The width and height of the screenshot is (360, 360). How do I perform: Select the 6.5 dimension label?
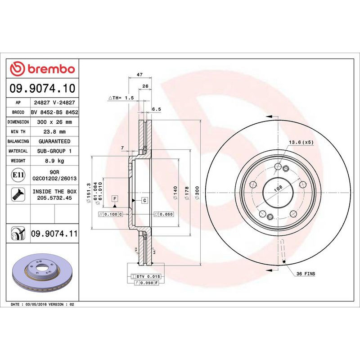(x=156, y=109)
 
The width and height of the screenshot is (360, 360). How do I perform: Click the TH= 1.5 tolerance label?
(x=121, y=98)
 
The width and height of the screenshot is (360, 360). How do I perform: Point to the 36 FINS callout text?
(x=306, y=274)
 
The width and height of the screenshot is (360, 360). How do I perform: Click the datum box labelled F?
(x=115, y=198)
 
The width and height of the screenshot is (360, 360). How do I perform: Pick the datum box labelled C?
(x=145, y=200)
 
